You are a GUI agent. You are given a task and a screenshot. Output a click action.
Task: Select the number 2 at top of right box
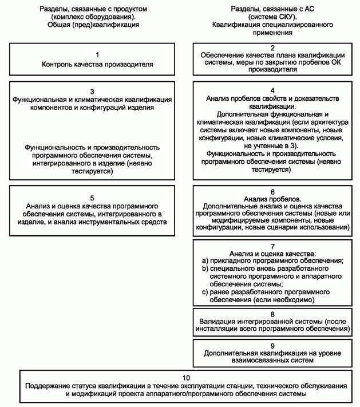[x=272, y=48]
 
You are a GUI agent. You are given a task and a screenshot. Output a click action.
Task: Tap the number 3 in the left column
[x=92, y=91]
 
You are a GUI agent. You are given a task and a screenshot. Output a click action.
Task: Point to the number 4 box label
[x=272, y=91]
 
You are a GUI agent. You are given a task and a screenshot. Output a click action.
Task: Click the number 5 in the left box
[x=92, y=197]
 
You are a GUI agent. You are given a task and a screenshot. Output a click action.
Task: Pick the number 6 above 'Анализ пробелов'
[x=272, y=192]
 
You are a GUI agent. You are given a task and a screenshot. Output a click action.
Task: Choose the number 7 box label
[x=272, y=246]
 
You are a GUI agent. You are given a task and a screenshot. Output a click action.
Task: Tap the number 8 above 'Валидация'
[x=272, y=314]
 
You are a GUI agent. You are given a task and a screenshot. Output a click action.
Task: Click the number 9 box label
[x=272, y=345]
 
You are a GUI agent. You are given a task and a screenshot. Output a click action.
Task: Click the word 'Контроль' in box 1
[x=57, y=64]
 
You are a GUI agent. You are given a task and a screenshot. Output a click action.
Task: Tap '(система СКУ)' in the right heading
[x=272, y=17]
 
